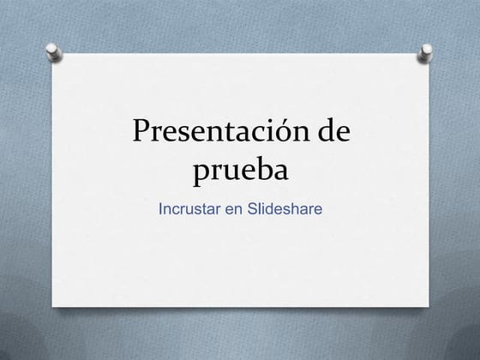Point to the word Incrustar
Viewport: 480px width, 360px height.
click(190, 208)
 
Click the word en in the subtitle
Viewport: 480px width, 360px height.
click(235, 208)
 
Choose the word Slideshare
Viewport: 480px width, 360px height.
click(285, 208)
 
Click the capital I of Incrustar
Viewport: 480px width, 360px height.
click(161, 208)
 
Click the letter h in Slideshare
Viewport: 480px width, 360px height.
click(295, 208)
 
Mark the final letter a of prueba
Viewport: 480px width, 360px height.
click(282, 171)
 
